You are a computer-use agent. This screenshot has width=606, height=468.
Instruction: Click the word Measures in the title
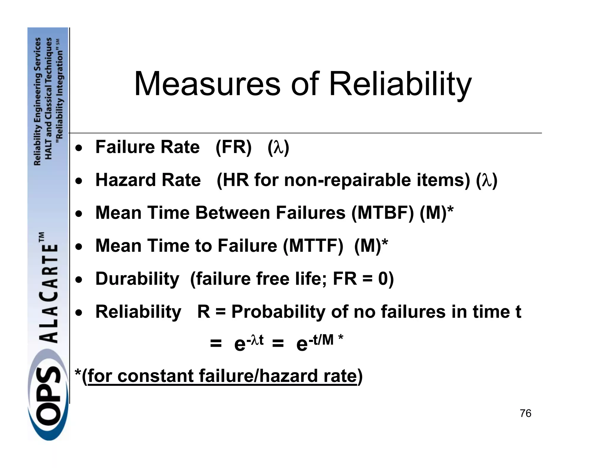207,84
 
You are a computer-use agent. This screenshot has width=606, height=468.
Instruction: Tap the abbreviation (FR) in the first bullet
233,147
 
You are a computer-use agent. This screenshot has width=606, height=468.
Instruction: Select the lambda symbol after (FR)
278,148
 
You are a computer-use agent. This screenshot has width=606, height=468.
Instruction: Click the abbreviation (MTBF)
383,213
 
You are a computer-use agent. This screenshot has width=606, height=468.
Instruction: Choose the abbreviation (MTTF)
313,246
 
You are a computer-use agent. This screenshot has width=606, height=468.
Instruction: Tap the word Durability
137,279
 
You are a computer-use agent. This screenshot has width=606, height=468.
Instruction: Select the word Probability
278,312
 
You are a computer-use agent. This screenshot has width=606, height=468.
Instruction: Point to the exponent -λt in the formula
255,340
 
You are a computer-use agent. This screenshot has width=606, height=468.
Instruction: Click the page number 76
526,413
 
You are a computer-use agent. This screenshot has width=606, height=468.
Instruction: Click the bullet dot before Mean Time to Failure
78,246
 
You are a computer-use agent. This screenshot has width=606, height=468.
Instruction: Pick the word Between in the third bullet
233,213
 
